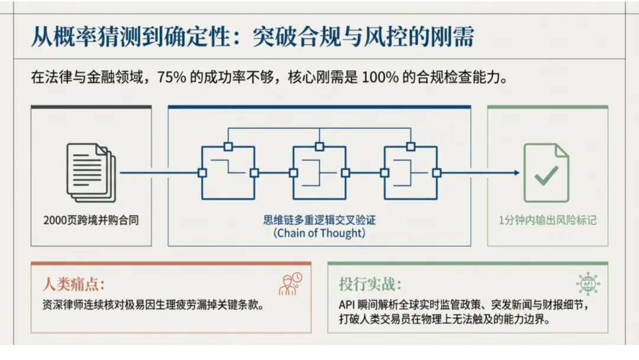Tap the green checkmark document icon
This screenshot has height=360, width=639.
point(546,173)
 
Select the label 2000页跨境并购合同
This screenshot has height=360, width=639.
point(91,220)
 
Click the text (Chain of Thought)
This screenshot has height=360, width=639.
point(319,233)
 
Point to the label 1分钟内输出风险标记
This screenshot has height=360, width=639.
point(547,220)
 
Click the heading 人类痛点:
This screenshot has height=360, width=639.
point(78,284)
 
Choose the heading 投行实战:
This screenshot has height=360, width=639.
point(370,284)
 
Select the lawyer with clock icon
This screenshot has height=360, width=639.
point(290,284)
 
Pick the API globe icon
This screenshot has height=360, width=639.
point(588,284)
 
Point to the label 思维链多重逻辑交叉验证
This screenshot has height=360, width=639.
point(319,220)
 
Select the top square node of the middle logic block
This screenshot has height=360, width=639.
point(319,146)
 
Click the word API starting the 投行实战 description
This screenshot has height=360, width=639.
point(346,306)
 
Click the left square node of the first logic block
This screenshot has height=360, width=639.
point(202,173)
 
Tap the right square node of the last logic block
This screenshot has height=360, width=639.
point(437,173)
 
